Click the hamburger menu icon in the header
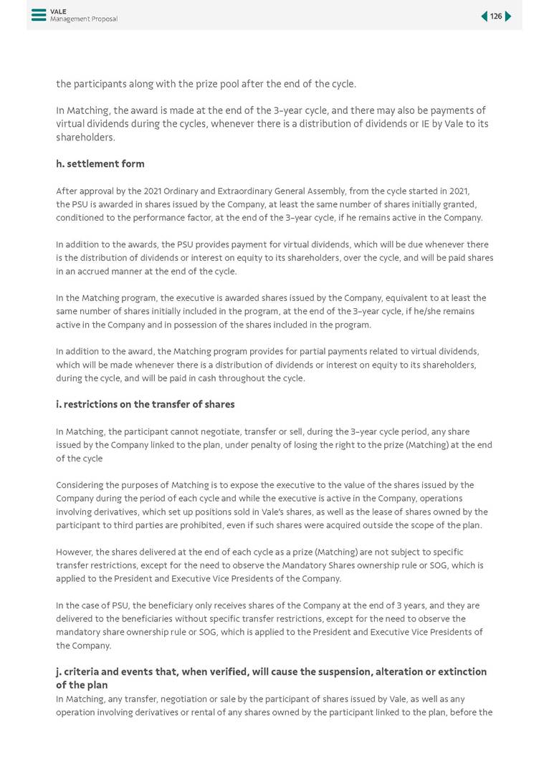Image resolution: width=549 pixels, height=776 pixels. click(39, 15)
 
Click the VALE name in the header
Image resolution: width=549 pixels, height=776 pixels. click(58, 11)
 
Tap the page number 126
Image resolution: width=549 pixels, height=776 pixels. click(496, 16)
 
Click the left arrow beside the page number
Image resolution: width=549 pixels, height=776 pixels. click(484, 16)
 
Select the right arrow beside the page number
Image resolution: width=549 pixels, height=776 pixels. click(508, 16)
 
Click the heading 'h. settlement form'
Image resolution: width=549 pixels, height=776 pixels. click(100, 164)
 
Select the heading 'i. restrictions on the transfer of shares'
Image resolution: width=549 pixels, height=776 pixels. click(145, 405)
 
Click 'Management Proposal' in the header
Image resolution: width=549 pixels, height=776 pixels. click(83, 19)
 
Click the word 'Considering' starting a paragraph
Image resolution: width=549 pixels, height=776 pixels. click(80, 485)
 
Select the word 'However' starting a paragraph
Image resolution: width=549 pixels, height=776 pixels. click(74, 552)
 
